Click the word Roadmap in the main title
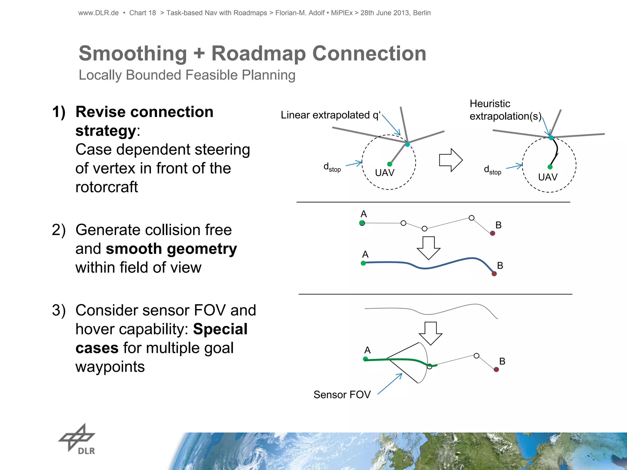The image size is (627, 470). coord(258,54)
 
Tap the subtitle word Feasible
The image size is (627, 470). coord(211,75)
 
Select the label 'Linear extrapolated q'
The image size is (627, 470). coord(330,115)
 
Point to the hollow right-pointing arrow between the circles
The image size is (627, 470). coord(450,160)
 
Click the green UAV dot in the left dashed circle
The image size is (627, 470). coord(389,164)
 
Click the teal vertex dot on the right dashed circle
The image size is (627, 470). coord(551,138)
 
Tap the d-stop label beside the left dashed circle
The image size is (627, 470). coord(332,167)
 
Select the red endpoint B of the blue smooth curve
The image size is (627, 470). coord(494,274)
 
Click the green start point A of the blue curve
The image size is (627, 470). coord(363,263)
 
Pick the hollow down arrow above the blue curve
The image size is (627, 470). coord(429,248)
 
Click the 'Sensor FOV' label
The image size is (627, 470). coord(342,395)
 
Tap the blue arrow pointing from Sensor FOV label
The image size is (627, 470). coord(390,384)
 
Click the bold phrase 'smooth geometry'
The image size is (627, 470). coord(171,249)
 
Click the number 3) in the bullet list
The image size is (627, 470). coord(59,311)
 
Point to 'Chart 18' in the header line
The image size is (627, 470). coord(142,13)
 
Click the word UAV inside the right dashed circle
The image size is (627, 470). coord(548,177)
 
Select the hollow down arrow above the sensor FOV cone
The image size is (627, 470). coord(430,333)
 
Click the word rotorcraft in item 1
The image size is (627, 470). coord(107,187)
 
